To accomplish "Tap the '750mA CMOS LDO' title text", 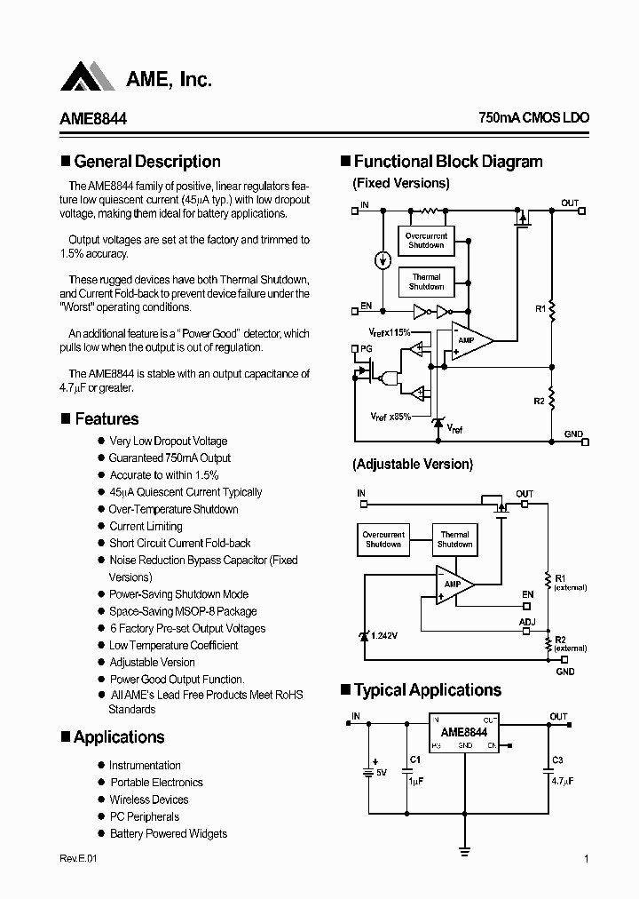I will tap(533, 117).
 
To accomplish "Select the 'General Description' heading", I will tap(147, 162).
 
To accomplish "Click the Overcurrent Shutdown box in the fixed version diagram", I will tap(426, 240).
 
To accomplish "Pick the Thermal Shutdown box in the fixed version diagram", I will tap(426, 282).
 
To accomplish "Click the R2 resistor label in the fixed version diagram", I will tap(539, 402).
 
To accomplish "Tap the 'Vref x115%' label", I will tap(390, 331).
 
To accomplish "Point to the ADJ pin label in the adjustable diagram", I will tap(527, 623).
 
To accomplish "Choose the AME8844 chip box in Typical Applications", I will tap(464, 733).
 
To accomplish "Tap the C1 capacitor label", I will tap(414, 760).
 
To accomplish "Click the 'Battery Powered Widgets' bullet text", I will tap(169, 833).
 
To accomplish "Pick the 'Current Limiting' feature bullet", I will tap(146, 526).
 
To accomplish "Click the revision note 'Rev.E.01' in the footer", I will tap(79, 858).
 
